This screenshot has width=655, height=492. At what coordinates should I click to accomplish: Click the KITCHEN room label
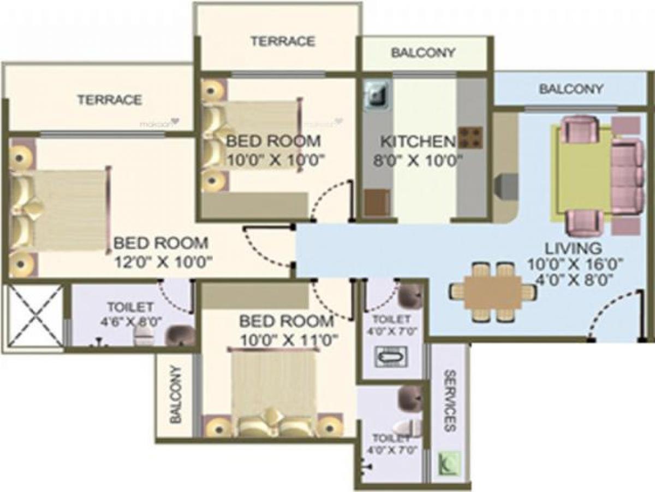click(x=418, y=142)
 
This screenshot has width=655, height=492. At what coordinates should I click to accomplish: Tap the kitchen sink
click(x=376, y=95)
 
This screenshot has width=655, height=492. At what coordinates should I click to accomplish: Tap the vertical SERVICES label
click(x=450, y=400)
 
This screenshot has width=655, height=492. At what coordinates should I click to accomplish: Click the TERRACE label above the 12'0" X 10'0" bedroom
click(x=109, y=100)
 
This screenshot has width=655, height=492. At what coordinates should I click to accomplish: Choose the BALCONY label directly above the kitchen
click(x=424, y=53)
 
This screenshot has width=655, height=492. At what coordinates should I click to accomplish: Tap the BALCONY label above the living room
click(x=571, y=89)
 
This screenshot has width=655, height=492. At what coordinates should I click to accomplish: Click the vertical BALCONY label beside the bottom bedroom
click(x=175, y=395)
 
